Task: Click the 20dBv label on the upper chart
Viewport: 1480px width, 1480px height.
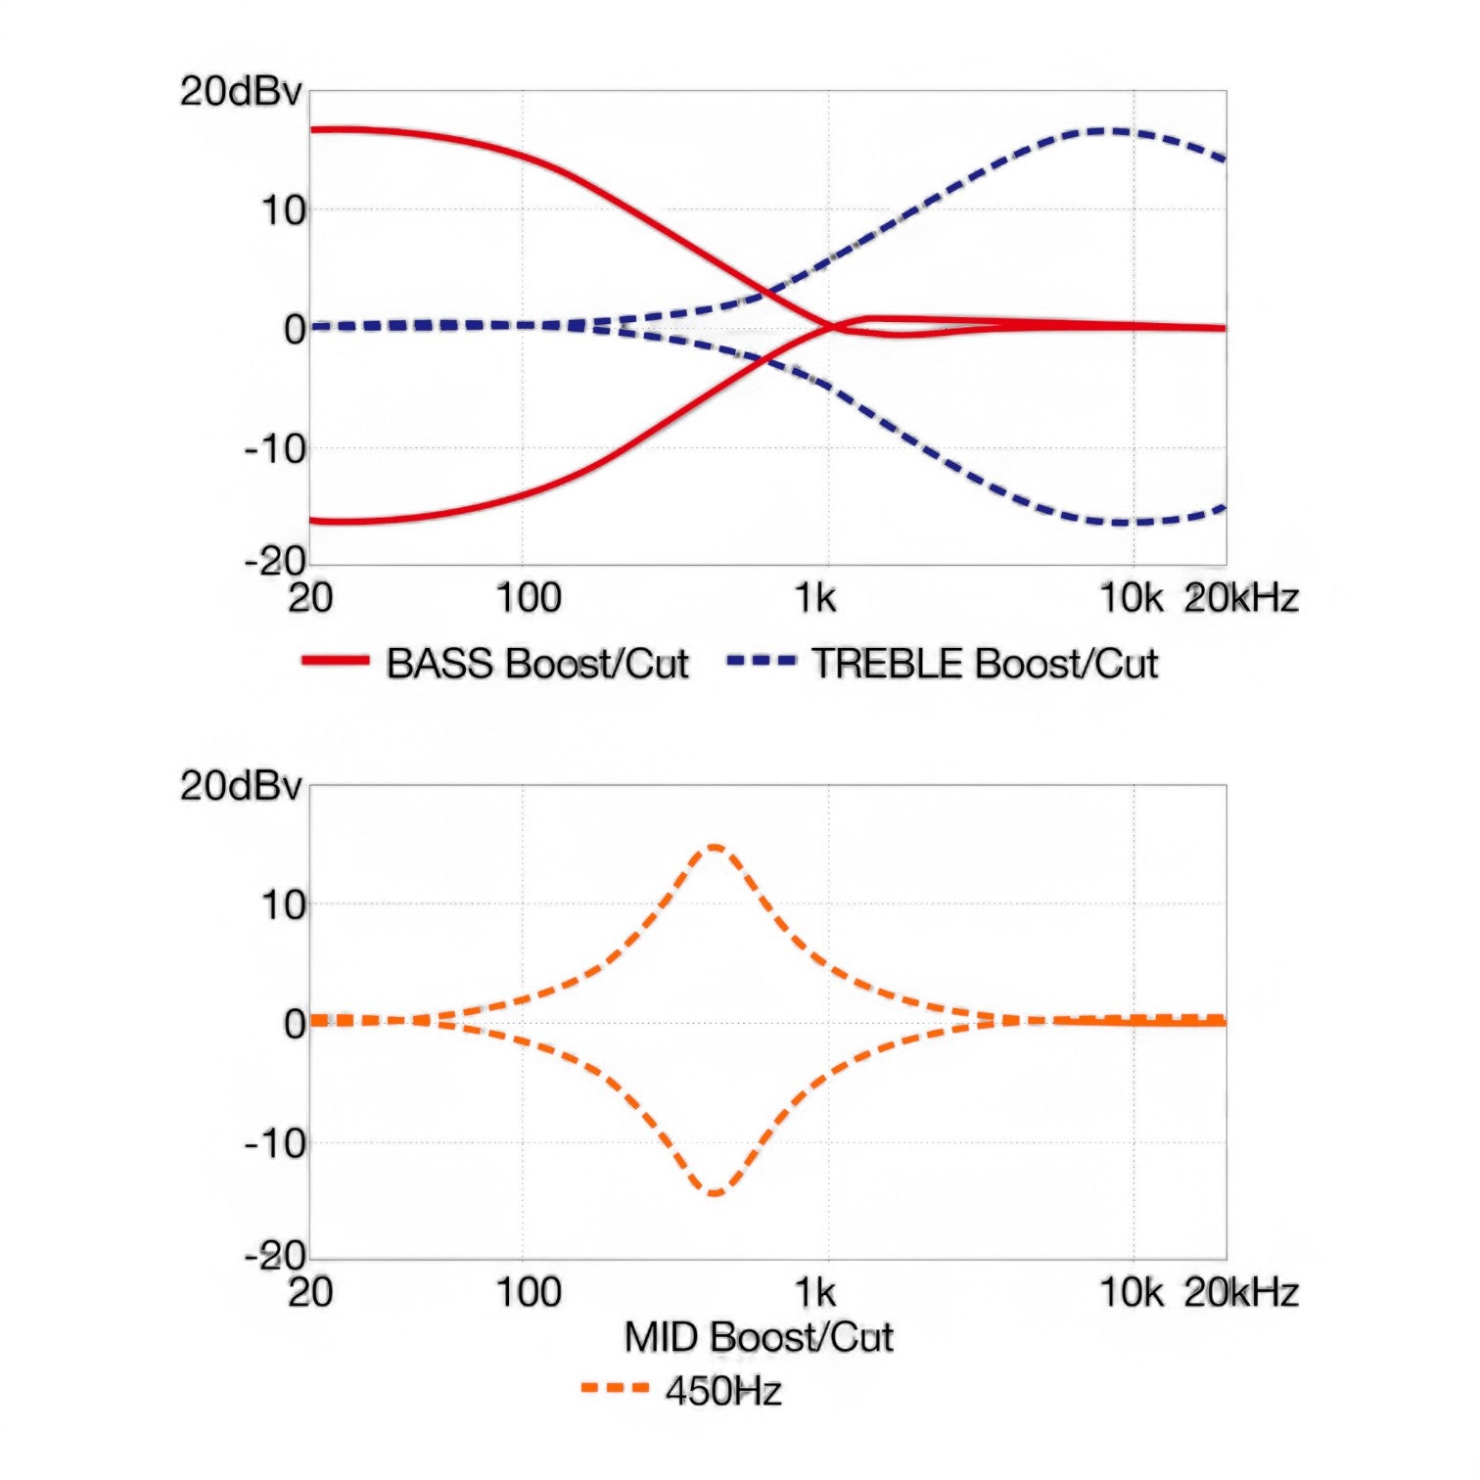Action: click(241, 91)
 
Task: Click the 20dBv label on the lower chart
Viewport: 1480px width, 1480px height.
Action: click(241, 786)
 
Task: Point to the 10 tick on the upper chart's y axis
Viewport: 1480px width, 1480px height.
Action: click(284, 210)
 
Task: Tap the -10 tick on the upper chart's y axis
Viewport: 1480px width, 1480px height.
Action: click(275, 450)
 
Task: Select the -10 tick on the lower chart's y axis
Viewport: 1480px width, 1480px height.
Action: click(275, 1143)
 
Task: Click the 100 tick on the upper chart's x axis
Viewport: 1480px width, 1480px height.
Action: click(529, 598)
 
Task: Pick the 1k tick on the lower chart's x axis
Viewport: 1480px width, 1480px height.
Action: click(815, 1293)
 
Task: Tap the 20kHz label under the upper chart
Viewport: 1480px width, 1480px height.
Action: click(1241, 598)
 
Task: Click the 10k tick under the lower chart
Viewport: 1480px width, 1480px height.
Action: click(1132, 1293)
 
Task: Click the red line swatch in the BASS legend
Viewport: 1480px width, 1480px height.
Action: click(336, 662)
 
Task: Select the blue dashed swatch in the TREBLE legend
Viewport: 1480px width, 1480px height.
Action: click(762, 662)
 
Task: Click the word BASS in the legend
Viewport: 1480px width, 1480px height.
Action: click(439, 664)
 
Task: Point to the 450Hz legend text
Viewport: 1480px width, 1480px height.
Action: click(723, 1391)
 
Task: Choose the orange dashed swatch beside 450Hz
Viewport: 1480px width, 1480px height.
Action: click(616, 1388)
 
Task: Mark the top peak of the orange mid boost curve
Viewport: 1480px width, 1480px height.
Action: click(716, 847)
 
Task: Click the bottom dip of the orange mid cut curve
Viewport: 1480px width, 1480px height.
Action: click(716, 1193)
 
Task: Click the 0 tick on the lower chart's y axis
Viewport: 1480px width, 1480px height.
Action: click(295, 1024)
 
